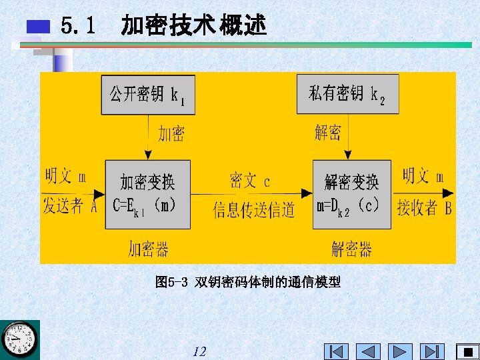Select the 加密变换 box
pos(147,194)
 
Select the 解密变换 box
pos(351,194)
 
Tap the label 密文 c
pos(250,181)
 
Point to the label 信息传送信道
pos(254,211)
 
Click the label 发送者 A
pos(69,207)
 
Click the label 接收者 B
pos(424,207)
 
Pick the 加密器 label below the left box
pos(148,249)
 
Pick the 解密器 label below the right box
pos(351,249)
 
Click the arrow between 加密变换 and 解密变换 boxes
pos(252,195)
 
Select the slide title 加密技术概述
pos(193,26)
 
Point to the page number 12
pos(199,351)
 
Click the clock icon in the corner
pos(19,339)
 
